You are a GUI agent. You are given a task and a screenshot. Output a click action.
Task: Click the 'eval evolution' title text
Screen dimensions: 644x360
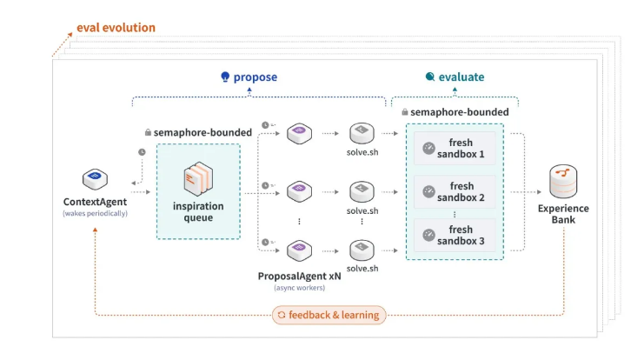116,28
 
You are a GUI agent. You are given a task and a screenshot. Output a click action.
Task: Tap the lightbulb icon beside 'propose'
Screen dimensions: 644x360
225,77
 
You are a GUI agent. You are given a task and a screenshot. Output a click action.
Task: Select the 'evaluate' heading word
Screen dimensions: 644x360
461,77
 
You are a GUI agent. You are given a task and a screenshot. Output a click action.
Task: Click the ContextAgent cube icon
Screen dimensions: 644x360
95,179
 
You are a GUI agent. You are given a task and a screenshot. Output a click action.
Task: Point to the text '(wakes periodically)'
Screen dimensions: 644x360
95,213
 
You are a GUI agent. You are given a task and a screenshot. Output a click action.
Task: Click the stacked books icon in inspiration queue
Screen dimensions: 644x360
198,178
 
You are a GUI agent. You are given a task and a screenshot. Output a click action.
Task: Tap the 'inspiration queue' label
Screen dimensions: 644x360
198,211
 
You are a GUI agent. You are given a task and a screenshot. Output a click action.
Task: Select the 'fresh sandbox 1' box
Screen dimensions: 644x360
455,149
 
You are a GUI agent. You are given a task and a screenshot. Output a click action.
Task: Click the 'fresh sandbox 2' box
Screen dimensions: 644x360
455,192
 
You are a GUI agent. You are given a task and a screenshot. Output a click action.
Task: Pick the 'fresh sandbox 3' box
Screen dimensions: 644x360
455,235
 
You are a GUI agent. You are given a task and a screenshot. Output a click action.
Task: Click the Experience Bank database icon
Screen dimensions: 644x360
563,181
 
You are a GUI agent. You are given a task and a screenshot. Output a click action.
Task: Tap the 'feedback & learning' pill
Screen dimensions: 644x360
329,315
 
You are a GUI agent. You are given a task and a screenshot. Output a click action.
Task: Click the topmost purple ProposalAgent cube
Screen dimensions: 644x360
299,133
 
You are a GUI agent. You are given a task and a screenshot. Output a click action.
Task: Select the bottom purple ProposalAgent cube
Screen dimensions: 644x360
299,250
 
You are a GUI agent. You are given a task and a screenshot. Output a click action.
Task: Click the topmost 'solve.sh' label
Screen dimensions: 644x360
362,152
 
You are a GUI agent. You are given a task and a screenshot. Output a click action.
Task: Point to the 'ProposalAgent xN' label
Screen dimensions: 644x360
300,277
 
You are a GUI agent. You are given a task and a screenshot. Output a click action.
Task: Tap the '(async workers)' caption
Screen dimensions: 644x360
300,288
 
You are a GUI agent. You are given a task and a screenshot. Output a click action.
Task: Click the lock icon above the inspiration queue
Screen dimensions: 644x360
148,132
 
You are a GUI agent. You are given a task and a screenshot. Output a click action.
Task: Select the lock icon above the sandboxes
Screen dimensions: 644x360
404,111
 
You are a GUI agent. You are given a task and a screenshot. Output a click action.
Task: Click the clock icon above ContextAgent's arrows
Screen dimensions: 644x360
142,152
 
